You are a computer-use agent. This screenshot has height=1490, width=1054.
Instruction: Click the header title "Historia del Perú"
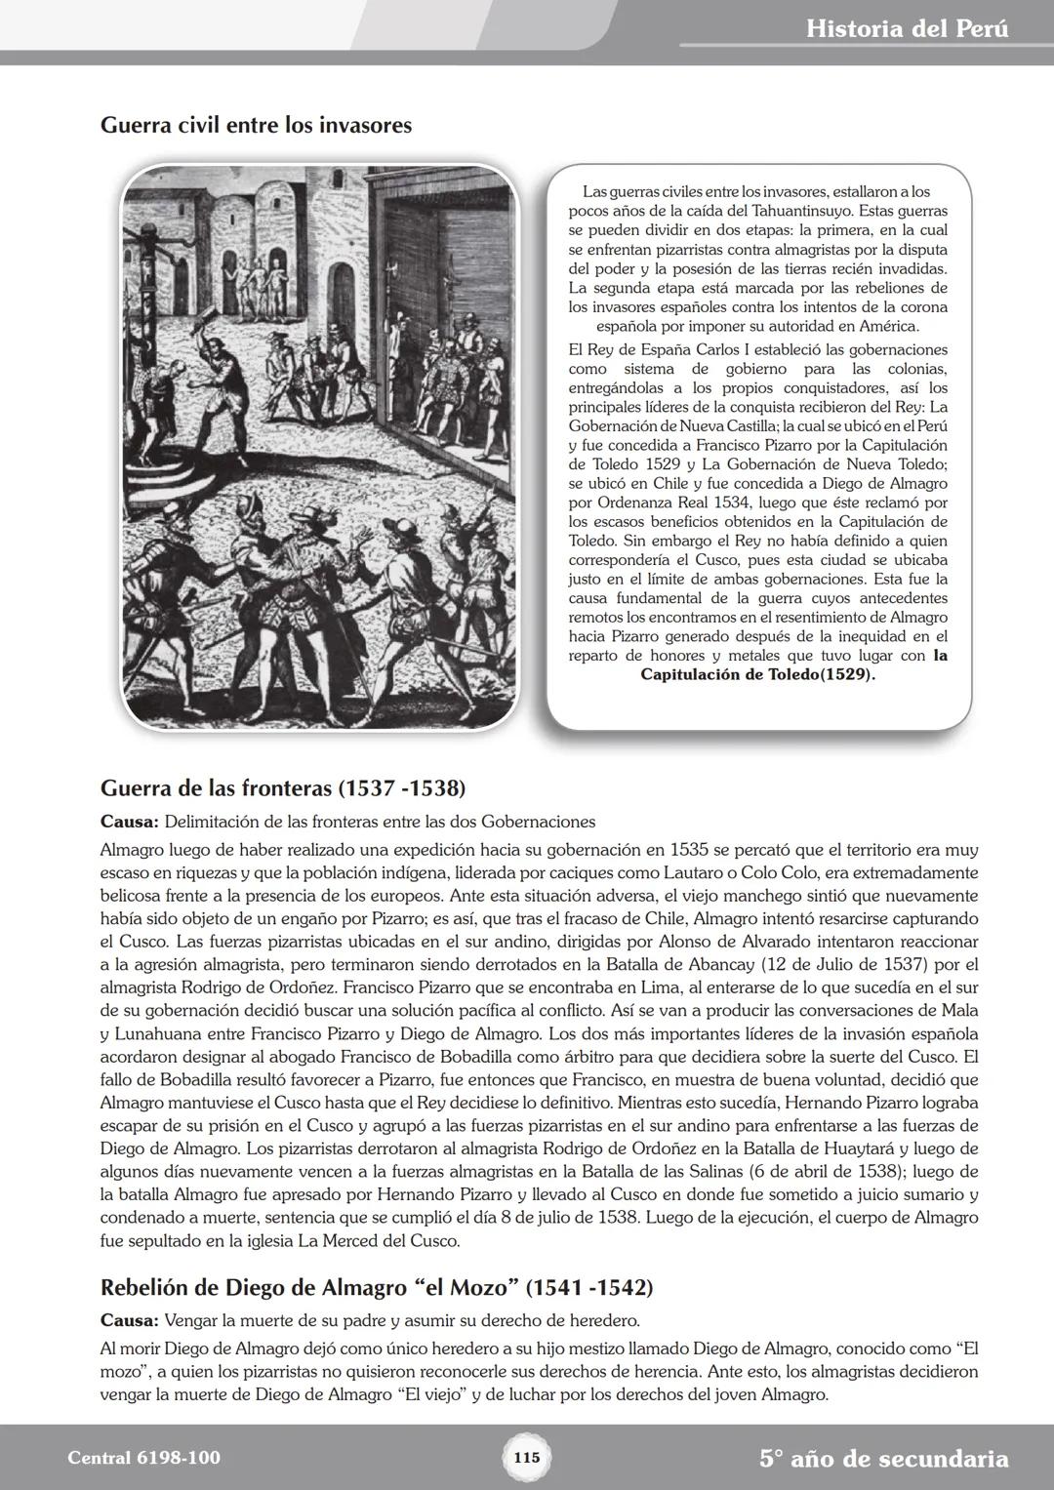click(908, 28)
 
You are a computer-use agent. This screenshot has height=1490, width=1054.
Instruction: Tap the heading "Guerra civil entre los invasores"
click(256, 126)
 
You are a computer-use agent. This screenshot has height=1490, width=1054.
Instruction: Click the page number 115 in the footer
click(526, 1458)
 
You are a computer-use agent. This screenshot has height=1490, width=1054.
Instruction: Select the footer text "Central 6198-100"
click(144, 1458)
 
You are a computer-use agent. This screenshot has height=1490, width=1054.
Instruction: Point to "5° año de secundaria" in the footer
click(883, 1459)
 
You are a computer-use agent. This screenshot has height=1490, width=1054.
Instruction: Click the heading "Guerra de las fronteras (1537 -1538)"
click(282, 787)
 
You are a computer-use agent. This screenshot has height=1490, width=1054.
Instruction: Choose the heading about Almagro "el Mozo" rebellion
click(376, 1287)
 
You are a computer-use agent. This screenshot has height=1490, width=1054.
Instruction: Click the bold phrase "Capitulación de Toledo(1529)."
click(757, 675)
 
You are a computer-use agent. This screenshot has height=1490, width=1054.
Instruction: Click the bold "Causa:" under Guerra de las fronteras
click(130, 822)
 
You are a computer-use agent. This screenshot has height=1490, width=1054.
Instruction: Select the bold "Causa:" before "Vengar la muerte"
click(130, 1321)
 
